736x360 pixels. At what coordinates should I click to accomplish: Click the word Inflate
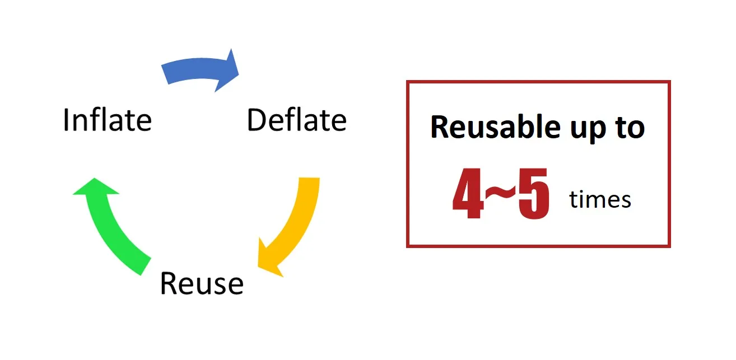107,120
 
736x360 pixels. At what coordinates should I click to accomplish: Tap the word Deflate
296,120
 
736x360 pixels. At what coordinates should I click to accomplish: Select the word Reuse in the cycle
202,283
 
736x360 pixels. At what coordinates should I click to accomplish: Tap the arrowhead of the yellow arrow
268,258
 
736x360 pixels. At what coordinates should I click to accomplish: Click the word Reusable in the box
486,128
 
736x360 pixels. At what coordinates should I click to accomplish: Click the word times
600,199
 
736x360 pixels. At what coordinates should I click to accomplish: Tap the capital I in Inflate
66,120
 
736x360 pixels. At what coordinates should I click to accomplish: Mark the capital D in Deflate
256,120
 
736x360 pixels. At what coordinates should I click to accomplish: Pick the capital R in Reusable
440,128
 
